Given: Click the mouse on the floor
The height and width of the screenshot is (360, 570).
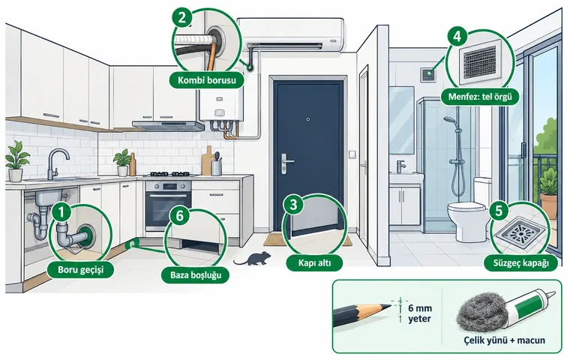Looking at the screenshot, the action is tap(253, 259).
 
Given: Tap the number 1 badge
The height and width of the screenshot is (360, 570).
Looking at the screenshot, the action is tap(61, 211).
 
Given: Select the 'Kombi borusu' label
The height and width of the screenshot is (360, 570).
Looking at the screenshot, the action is tap(207, 80).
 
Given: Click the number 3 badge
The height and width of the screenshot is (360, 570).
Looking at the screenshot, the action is tap(294, 205).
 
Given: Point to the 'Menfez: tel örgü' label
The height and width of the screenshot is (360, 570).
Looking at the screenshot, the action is tap(480, 97).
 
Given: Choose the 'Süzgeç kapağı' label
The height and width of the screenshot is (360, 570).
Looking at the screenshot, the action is tap(520, 263).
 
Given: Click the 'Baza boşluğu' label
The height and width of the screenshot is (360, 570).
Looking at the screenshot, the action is tap(196, 275).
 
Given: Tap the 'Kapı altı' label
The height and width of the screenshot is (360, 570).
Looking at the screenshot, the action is tap(314, 262).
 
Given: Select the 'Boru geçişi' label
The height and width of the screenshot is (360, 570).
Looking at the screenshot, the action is tap(81, 270).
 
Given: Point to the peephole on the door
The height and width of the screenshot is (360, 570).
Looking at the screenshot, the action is tap(308, 119).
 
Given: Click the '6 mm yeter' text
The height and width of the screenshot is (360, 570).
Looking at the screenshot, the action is tap(420, 313).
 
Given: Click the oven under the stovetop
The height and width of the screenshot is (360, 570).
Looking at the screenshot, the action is tap(168, 205).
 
